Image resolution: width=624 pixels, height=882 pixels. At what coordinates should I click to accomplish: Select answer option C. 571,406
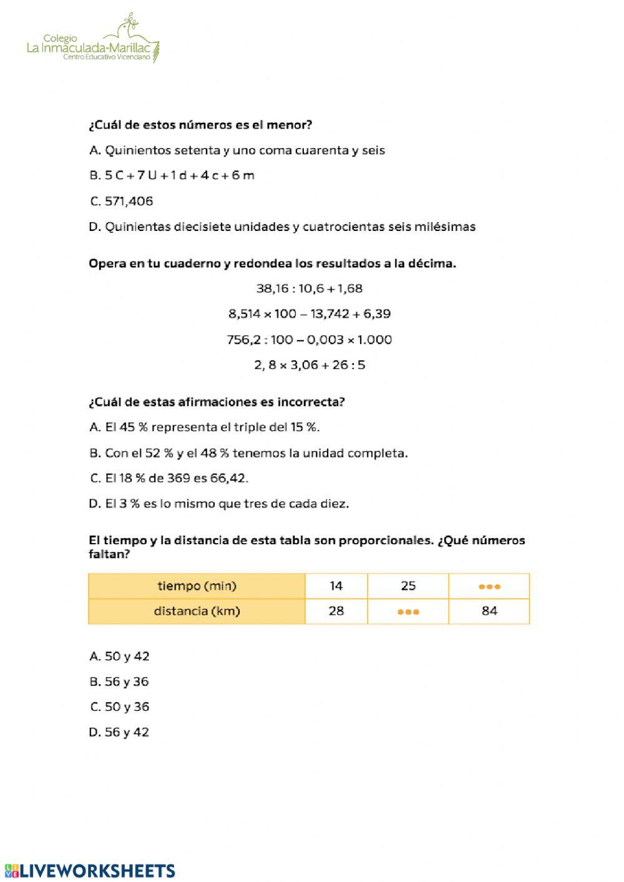click(122, 201)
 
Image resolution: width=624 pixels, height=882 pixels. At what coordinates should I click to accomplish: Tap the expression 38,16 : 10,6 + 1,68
click(309, 288)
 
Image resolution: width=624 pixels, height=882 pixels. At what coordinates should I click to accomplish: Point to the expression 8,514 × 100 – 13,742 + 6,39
click(309, 314)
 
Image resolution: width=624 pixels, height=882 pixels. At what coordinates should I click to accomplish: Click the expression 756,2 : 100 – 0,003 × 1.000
click(309, 340)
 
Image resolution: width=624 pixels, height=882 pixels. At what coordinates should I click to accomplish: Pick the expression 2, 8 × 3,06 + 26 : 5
click(309, 365)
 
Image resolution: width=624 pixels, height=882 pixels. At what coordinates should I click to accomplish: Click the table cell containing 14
click(336, 586)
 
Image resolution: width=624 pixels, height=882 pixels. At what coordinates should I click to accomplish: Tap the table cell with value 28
click(336, 611)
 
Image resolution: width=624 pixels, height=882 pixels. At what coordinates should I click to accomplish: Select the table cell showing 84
click(489, 611)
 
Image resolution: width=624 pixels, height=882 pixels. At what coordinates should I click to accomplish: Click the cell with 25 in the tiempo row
click(408, 586)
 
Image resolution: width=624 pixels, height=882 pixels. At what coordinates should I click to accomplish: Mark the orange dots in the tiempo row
click(489, 587)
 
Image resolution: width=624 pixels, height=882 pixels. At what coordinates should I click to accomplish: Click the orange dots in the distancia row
click(408, 612)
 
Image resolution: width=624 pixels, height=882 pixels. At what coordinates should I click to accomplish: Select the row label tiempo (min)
click(197, 586)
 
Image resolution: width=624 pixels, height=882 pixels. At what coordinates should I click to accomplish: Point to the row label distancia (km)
click(197, 611)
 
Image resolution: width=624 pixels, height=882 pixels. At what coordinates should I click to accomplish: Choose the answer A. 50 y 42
click(119, 656)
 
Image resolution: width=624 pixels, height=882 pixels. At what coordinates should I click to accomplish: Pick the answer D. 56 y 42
click(119, 732)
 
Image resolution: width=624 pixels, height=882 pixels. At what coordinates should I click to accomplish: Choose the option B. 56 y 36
click(119, 682)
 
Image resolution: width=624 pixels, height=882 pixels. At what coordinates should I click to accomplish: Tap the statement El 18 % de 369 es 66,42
click(169, 478)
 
